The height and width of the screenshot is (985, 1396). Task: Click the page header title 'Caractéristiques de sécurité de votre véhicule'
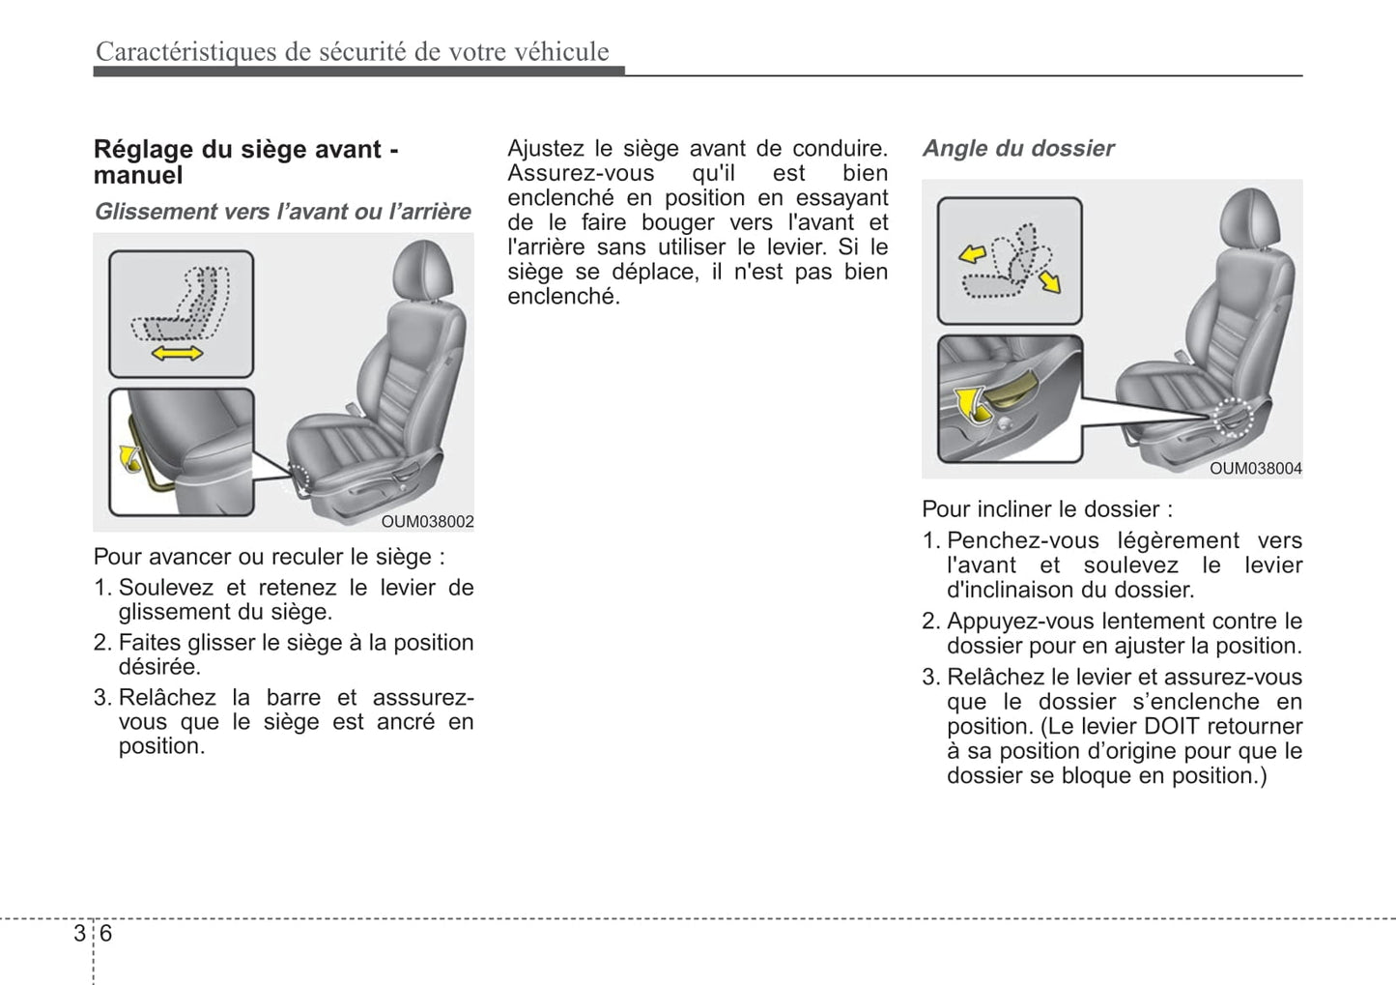(x=352, y=51)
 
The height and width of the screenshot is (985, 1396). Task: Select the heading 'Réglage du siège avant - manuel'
(x=245, y=161)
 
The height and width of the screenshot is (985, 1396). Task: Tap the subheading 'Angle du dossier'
(x=1017, y=148)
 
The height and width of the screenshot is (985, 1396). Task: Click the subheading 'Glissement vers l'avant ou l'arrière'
(x=282, y=212)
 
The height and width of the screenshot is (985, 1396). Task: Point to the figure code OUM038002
(x=427, y=521)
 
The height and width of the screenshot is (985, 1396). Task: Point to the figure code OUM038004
(x=1255, y=468)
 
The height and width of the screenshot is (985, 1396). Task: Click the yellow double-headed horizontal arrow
(x=178, y=354)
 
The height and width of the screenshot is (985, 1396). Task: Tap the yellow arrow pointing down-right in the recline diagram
(x=1049, y=280)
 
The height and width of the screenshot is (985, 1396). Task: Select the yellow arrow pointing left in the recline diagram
(x=972, y=253)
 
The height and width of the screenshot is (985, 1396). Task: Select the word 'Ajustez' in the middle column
(x=546, y=148)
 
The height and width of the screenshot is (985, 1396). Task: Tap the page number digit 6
(x=105, y=933)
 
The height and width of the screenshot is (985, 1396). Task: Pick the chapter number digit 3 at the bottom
(x=78, y=933)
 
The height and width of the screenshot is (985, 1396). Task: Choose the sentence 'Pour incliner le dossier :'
(x=1047, y=509)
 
